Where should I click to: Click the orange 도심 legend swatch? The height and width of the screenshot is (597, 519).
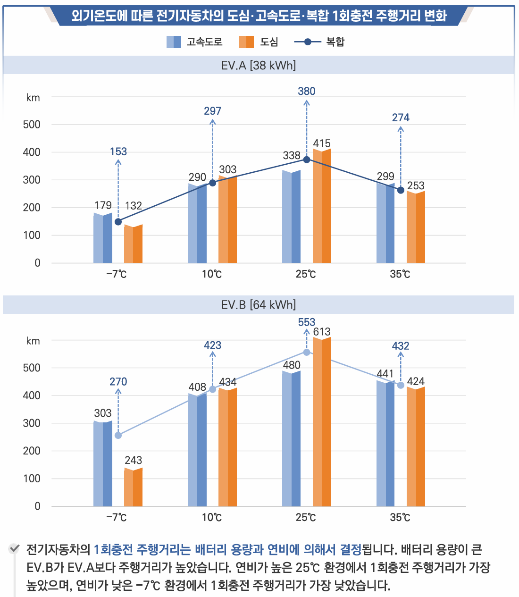point(246,42)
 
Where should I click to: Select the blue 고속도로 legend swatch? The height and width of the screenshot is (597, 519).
point(174,42)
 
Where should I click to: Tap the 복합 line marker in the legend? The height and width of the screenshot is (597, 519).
point(308,42)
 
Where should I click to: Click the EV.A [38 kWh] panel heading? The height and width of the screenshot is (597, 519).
point(259,65)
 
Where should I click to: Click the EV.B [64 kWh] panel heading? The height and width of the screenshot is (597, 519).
point(259,305)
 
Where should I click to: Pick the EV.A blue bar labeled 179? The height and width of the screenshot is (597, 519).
point(103,238)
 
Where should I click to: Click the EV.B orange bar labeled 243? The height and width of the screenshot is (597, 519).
point(133,488)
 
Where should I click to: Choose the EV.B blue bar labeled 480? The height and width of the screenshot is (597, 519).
point(291,439)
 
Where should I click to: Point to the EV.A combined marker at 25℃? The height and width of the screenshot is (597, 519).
point(307,160)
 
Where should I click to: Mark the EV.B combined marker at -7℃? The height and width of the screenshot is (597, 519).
point(118,435)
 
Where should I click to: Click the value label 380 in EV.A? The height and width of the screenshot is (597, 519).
point(307,91)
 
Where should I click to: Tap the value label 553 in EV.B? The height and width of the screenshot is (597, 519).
point(307,322)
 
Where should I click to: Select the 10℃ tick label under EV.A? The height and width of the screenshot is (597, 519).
point(212,274)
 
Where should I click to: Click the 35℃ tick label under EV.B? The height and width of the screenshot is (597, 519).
point(400,518)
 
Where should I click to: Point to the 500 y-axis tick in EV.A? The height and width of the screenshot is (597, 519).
point(32,125)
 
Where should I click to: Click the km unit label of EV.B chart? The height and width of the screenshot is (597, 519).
point(33,341)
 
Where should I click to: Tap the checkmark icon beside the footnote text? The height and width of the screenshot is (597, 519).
point(15,548)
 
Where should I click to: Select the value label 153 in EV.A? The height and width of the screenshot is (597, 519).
point(118,151)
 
